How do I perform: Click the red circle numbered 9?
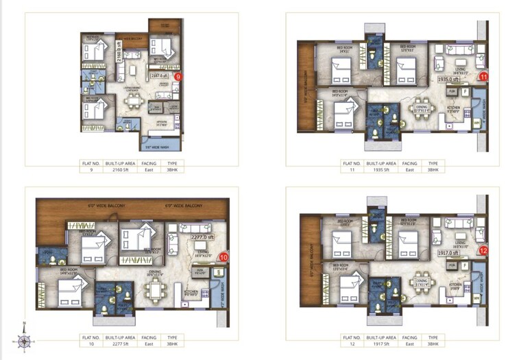(179, 76)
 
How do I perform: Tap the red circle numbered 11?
(484, 76)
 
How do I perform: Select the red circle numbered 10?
(223, 257)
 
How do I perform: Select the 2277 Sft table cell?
(114, 344)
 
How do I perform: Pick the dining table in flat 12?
(419, 281)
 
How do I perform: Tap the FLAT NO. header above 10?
(90, 337)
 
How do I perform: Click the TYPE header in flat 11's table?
(433, 163)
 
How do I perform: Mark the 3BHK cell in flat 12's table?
(433, 344)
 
